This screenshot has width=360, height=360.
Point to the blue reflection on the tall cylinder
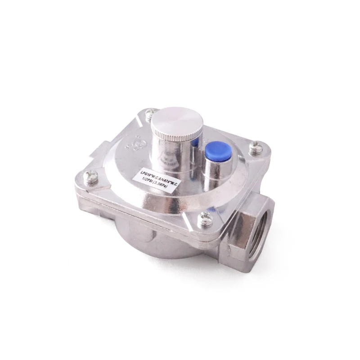tap(194, 143)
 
